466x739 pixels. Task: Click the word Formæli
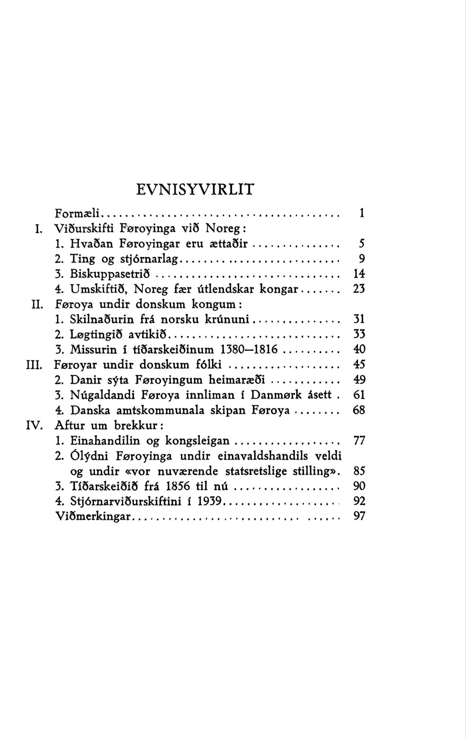[x=79, y=212]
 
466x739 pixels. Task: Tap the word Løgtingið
[x=97, y=335]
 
